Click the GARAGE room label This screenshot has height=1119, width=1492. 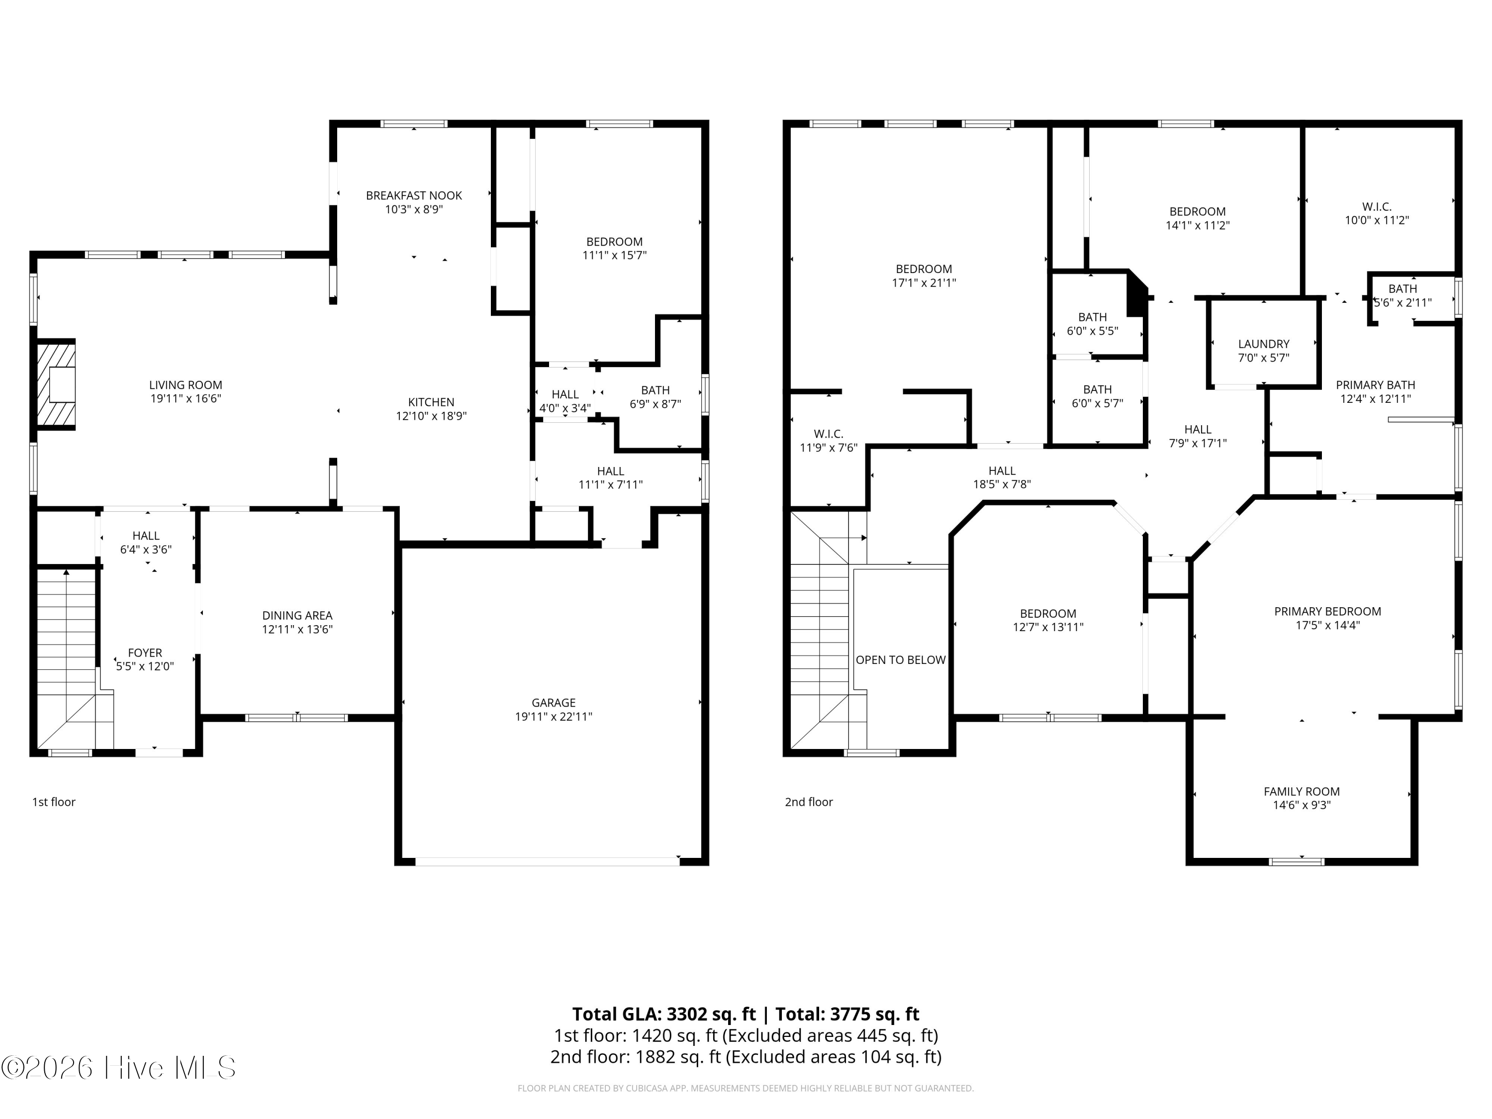click(x=553, y=702)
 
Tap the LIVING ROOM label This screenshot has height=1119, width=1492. click(x=186, y=385)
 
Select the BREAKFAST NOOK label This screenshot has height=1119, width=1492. click(x=414, y=195)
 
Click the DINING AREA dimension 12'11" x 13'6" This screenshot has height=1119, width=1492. click(x=297, y=629)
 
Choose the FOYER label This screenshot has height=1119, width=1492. click(x=145, y=653)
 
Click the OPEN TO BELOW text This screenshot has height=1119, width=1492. click(x=901, y=659)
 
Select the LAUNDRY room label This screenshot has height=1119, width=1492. click(x=1263, y=344)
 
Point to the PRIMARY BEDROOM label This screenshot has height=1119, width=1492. click(x=1327, y=611)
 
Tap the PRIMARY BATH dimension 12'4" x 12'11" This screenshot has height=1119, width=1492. click(x=1375, y=399)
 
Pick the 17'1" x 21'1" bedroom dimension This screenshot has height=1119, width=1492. click(x=924, y=282)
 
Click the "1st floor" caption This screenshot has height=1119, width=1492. click(x=54, y=802)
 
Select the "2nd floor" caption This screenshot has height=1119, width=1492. click(x=809, y=802)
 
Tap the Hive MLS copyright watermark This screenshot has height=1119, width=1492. click(x=119, y=1068)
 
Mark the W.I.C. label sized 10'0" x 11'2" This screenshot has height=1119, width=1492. click(x=1377, y=206)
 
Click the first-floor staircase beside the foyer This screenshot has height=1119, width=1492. click(x=67, y=657)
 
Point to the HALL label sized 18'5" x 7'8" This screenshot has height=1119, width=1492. click(x=1002, y=471)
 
